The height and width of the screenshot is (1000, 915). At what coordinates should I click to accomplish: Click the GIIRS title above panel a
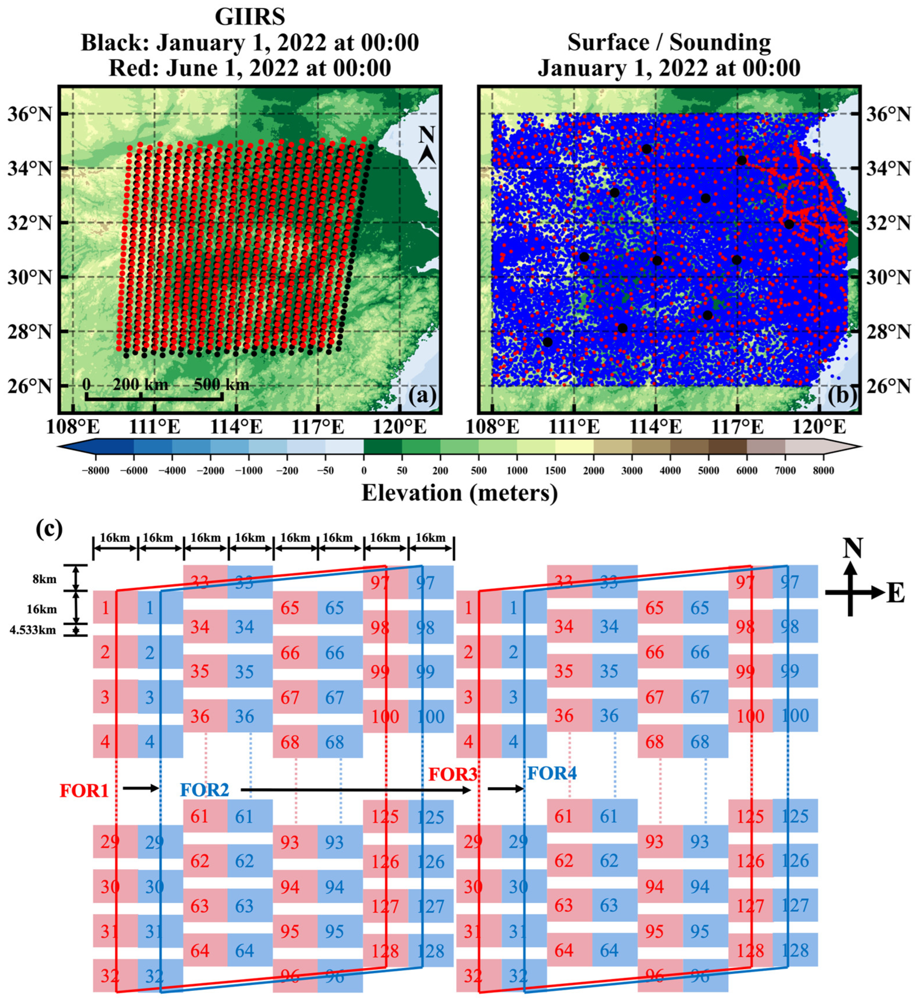(x=250, y=18)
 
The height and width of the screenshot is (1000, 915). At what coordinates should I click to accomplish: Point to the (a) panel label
(x=421, y=395)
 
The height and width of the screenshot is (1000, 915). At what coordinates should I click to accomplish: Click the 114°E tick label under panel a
(x=236, y=427)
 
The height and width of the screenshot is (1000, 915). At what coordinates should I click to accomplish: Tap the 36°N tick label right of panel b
(x=888, y=114)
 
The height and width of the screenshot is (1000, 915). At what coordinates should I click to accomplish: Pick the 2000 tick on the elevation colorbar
(x=593, y=471)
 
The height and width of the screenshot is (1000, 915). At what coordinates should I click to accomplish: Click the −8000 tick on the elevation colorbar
(x=95, y=471)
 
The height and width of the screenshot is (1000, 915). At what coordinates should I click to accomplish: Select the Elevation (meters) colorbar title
(x=459, y=493)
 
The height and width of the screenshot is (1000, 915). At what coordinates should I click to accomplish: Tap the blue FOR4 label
(x=552, y=773)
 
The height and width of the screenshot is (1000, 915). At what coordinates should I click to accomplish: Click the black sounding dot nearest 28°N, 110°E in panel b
(x=548, y=342)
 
